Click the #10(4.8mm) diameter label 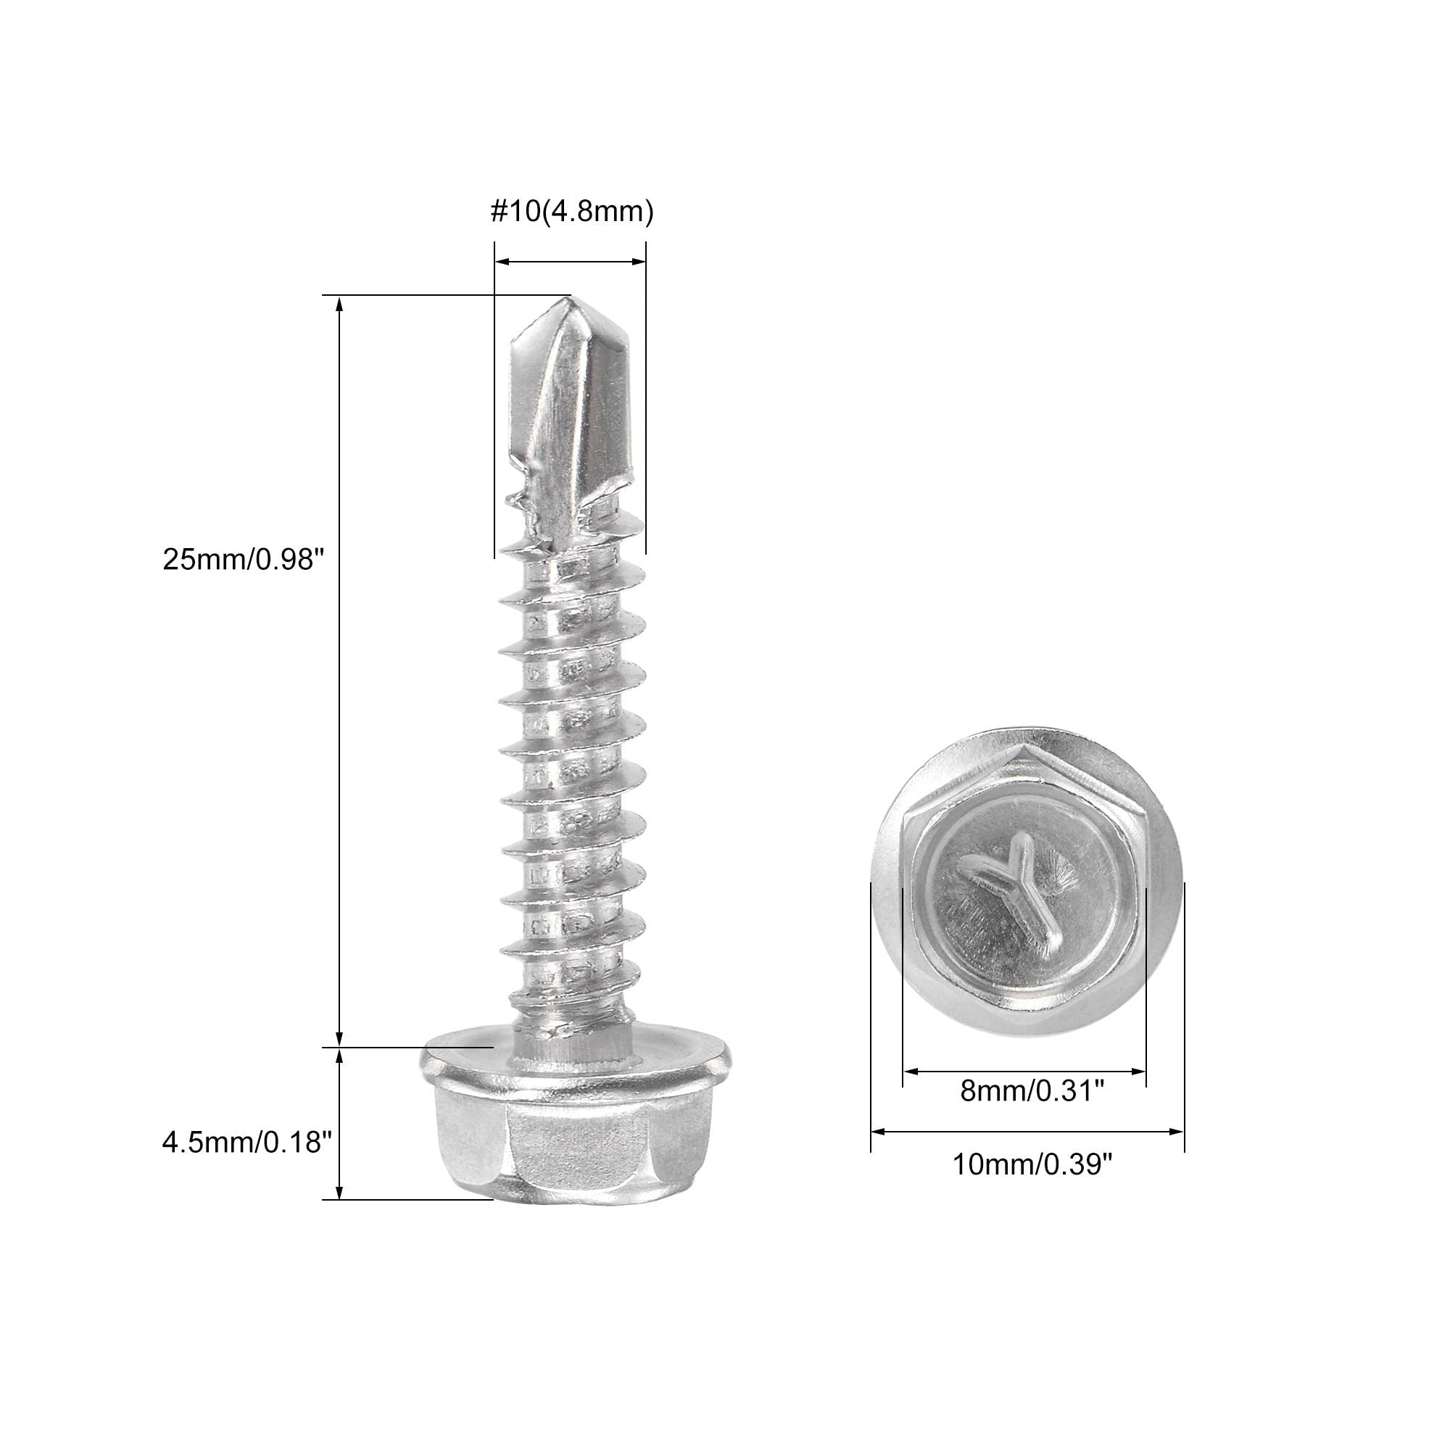point(572,212)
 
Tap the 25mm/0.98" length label point(243,559)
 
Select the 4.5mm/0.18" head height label point(247,1143)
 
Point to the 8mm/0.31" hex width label point(1032,1112)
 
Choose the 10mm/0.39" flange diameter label point(1032,1186)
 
